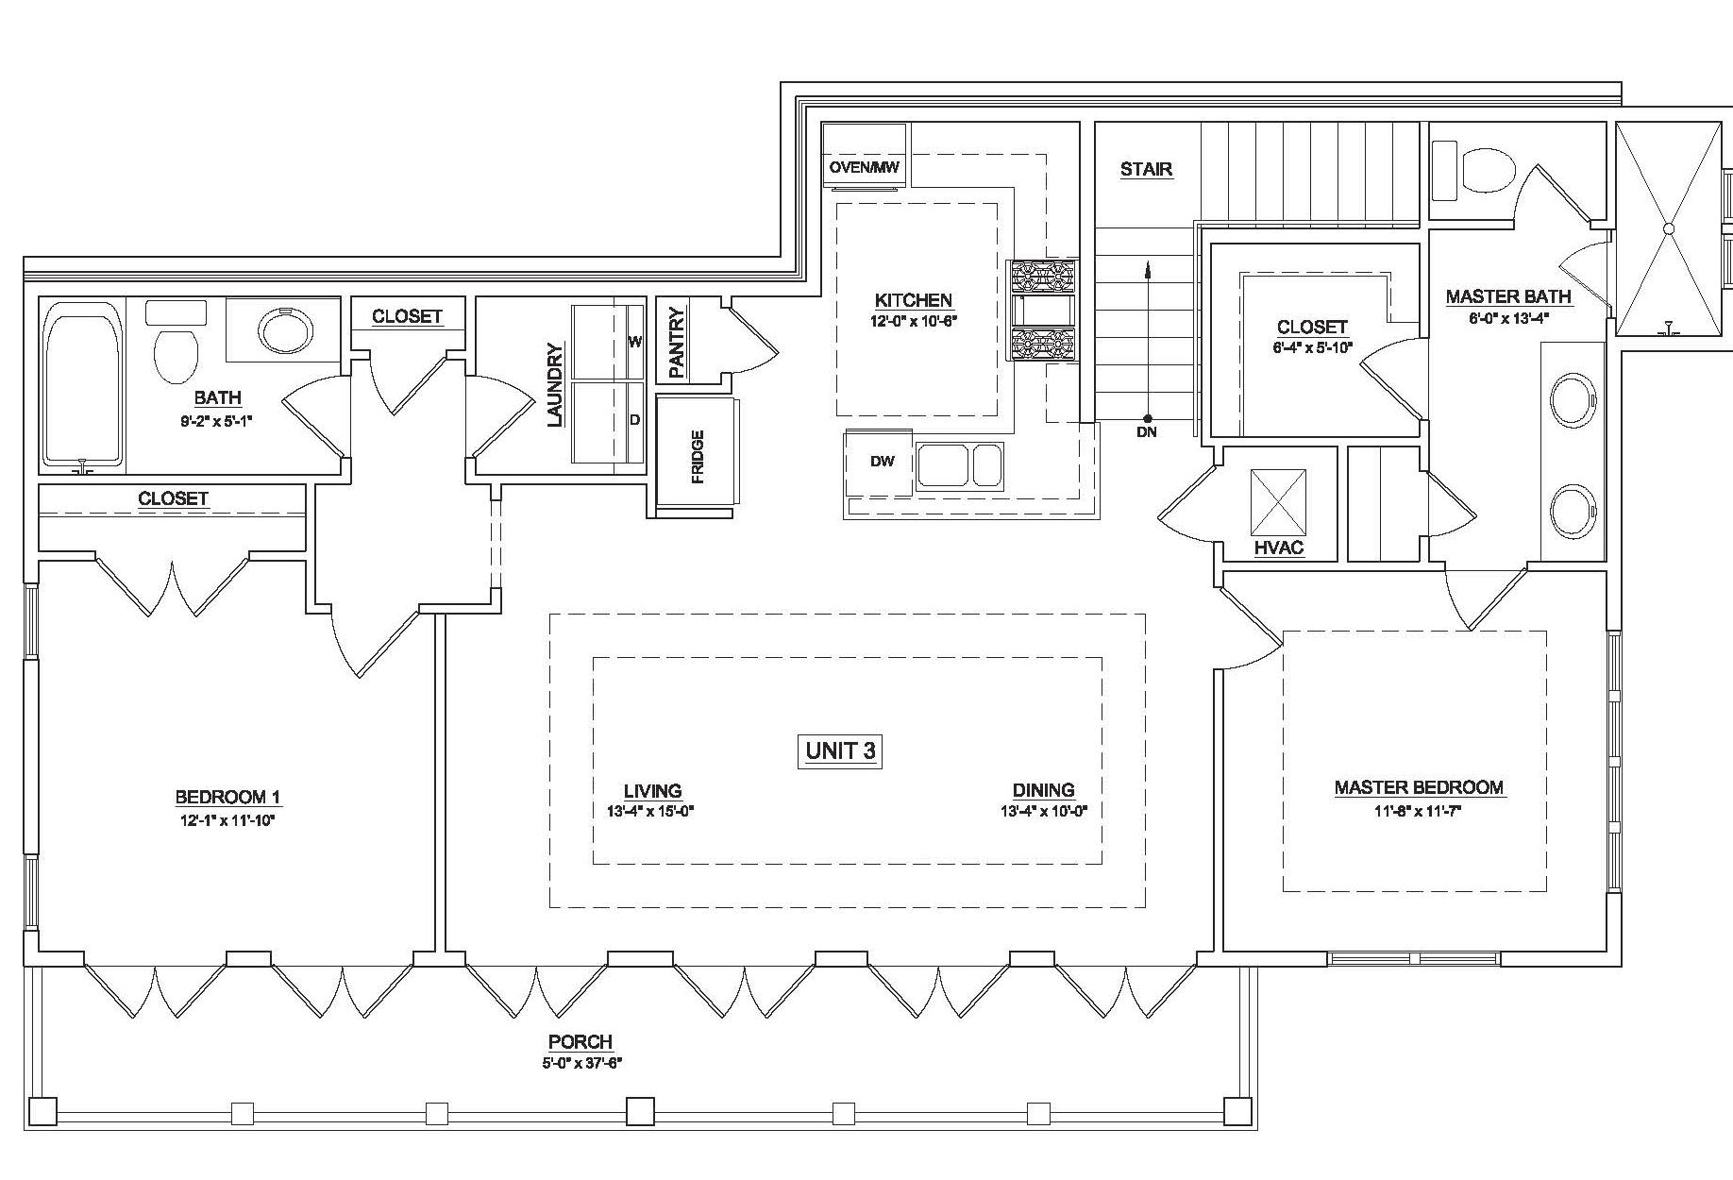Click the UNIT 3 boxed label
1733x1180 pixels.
pyautogui.click(x=840, y=751)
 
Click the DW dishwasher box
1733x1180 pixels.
pyautogui.click(x=882, y=463)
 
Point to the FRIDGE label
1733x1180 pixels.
pyautogui.click(x=698, y=457)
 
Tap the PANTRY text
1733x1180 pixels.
pyautogui.click(x=676, y=342)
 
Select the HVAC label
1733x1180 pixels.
pyautogui.click(x=1279, y=548)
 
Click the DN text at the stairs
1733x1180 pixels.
pyautogui.click(x=1147, y=432)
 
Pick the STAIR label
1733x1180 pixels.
pyautogui.click(x=1146, y=170)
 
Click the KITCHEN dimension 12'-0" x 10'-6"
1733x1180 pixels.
pyautogui.click(x=913, y=320)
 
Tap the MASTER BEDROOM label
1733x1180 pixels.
pyautogui.click(x=1419, y=787)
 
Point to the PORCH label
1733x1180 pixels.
pyautogui.click(x=580, y=1042)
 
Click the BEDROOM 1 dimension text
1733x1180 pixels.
pyautogui.click(x=227, y=819)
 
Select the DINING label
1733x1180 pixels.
pyautogui.click(x=1043, y=790)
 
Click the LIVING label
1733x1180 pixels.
pyautogui.click(x=652, y=791)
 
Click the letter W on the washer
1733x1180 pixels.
pyautogui.click(x=634, y=342)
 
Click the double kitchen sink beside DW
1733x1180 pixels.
pyautogui.click(x=958, y=464)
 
